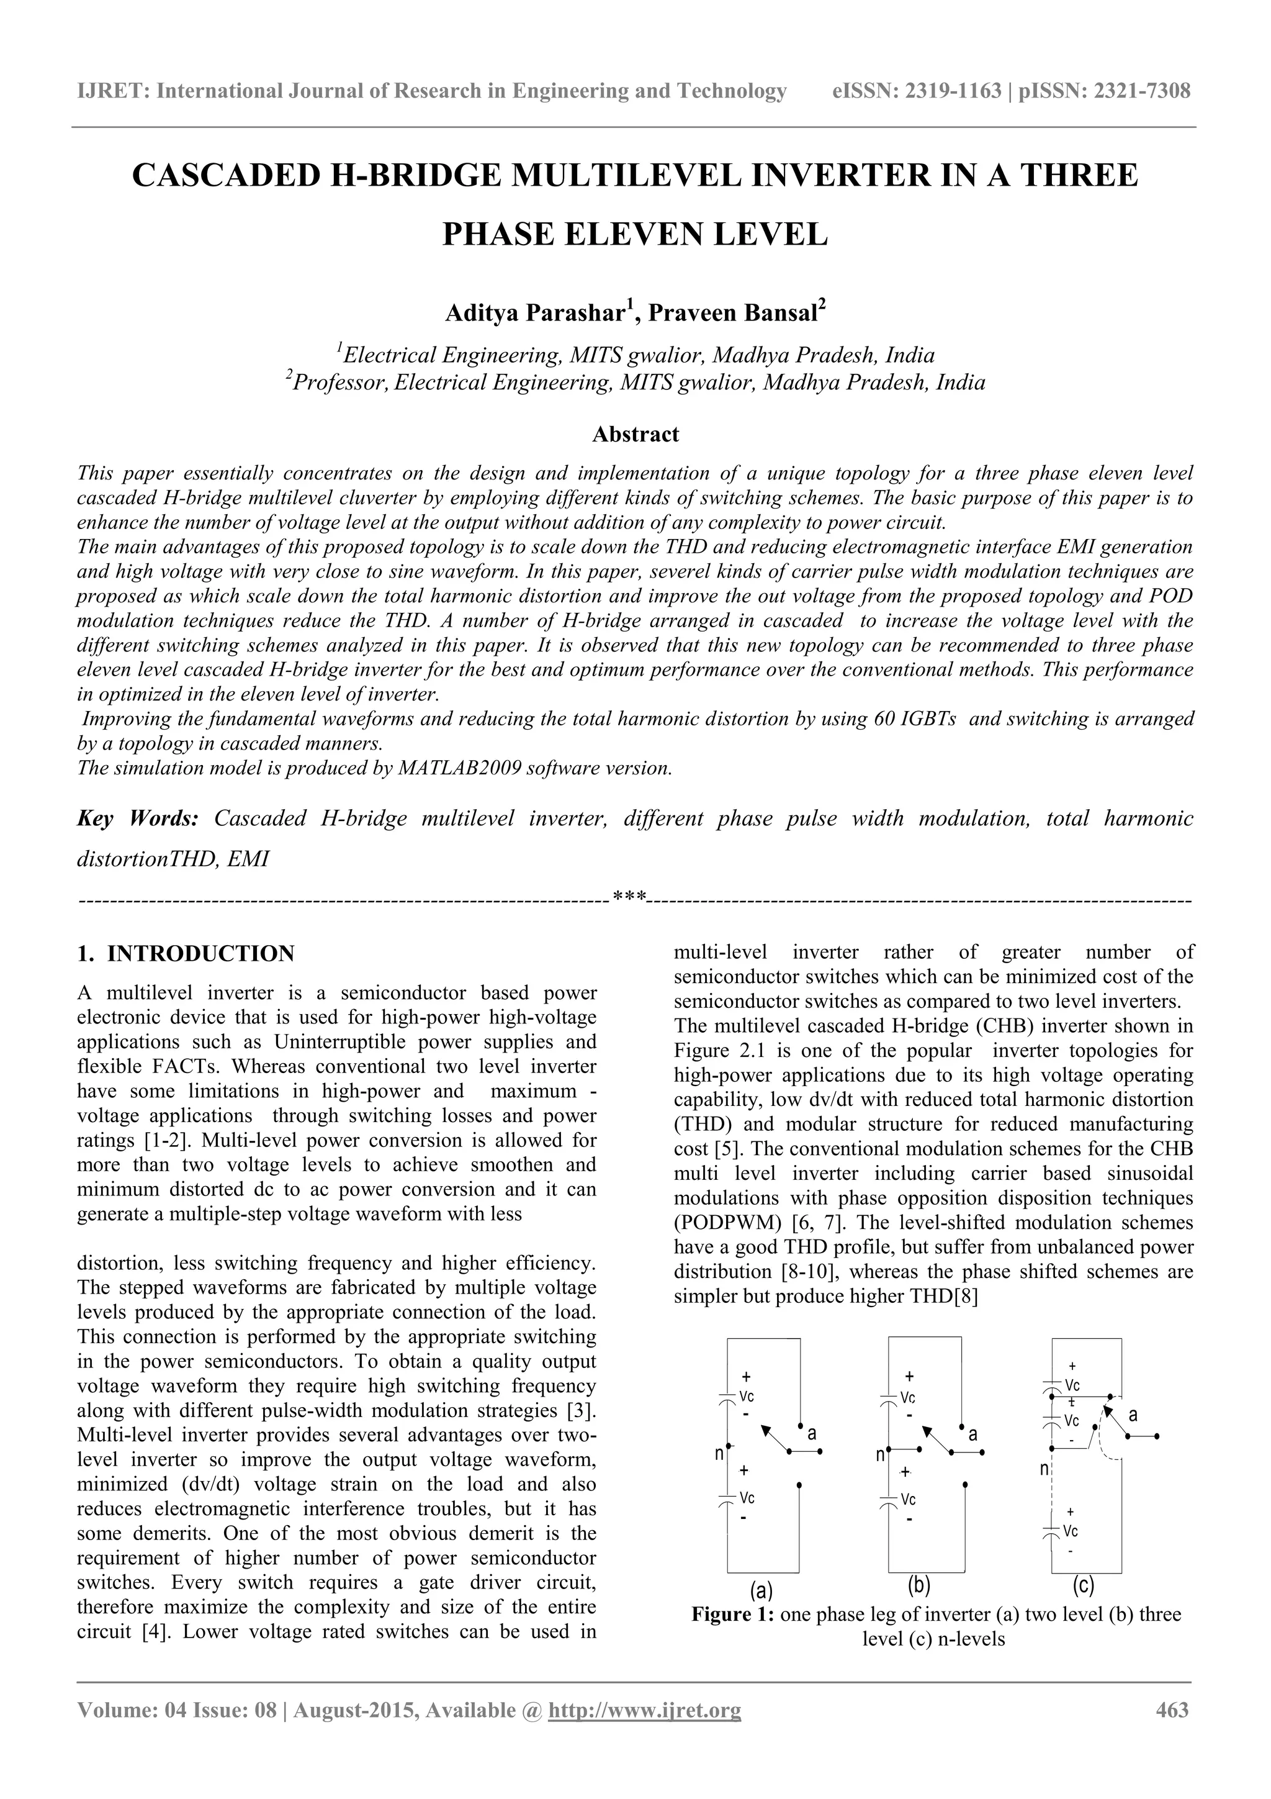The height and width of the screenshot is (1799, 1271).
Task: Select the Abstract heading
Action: tap(635, 434)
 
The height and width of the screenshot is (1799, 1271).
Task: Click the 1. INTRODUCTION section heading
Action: tap(186, 954)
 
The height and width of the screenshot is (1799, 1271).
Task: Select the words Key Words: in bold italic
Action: tap(138, 819)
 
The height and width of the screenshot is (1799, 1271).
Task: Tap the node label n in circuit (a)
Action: tap(718, 1454)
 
